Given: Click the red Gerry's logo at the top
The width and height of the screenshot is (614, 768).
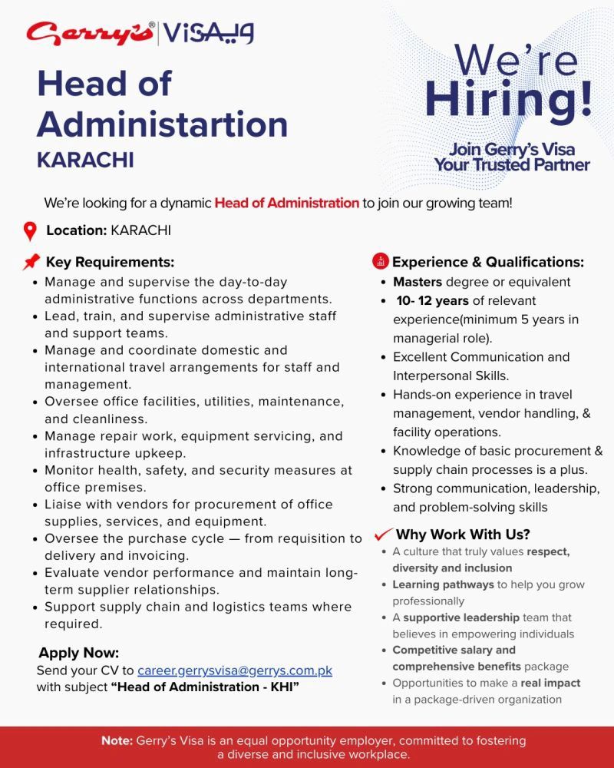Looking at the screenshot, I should coord(89,34).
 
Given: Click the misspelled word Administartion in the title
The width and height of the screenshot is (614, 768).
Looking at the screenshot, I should coord(162,124).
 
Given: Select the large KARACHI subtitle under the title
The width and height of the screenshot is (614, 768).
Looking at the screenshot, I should coord(85,160).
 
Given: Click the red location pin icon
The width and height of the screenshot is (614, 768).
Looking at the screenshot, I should coord(30,230).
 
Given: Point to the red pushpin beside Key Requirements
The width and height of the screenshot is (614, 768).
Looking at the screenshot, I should coord(31,262).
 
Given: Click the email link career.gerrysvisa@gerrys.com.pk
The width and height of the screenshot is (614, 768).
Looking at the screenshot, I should coord(235,670).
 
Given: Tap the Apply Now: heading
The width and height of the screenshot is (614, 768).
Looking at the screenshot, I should coord(79,654).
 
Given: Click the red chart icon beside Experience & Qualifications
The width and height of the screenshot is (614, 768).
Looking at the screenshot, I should coord(380,261).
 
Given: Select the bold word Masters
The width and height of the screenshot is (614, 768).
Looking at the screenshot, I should coord(419,282).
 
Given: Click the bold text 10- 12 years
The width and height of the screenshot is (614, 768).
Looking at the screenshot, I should coord(432,300).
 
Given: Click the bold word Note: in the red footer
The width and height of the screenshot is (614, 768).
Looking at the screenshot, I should coord(117,741).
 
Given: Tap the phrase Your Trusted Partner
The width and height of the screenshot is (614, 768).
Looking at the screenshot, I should coord(512,164).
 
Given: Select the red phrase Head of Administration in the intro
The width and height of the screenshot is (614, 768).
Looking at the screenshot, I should coord(287,204).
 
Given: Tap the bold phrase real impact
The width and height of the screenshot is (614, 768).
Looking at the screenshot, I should coord(550,683).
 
